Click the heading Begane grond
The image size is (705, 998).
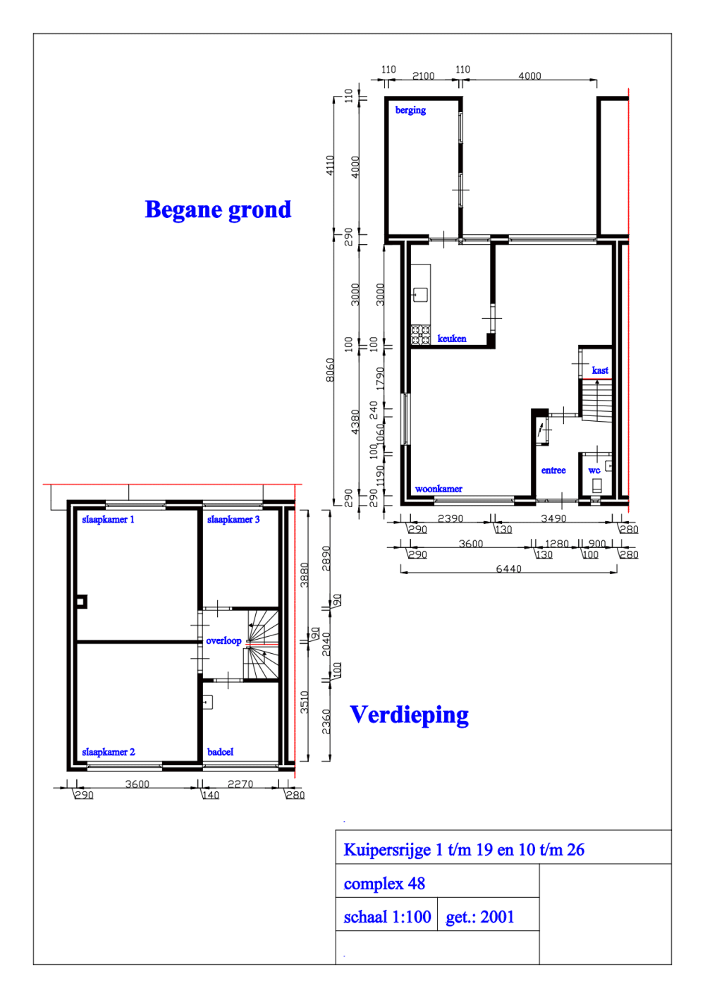218,209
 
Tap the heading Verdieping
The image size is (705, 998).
409,714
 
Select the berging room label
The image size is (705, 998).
410,110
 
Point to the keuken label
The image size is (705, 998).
451,339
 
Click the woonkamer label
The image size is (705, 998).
439,489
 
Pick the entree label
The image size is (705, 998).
553,470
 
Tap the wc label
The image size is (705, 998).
594,470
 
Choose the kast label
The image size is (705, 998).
600,370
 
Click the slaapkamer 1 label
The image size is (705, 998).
108,519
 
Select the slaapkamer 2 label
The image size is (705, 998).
108,752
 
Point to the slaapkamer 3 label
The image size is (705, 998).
233,519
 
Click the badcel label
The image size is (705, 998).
220,752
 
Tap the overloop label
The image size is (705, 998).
223,640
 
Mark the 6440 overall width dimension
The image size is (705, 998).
508,568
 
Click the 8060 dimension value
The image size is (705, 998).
330,370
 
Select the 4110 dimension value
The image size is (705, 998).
330,165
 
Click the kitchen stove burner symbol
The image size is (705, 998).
420,334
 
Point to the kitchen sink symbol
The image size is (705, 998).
420,294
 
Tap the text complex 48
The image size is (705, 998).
384,884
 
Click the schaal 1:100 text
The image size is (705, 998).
387,917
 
